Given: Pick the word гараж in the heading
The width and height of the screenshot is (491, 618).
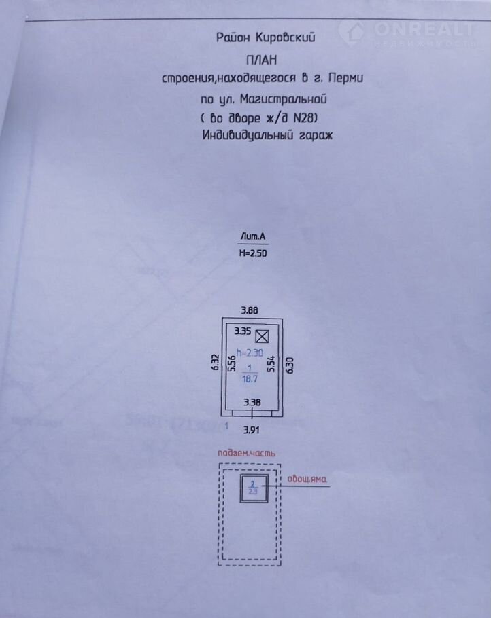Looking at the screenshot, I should coord(316,135).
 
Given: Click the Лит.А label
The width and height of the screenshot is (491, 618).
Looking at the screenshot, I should coord(251,236).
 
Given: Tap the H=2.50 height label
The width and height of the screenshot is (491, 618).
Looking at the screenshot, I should coord(252,252).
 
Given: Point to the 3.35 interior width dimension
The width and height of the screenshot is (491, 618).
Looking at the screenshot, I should coord(242,333).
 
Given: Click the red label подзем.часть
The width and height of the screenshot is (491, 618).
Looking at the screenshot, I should coord(246,453).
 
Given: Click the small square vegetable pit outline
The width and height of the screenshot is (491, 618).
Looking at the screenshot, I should coord(252,487).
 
